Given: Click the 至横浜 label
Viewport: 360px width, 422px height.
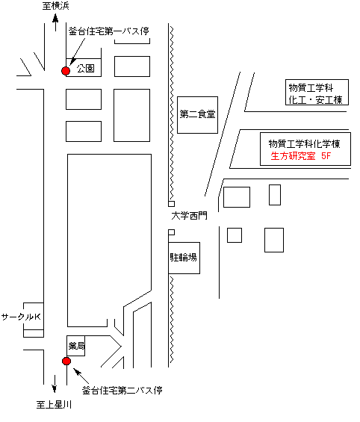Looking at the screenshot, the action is (x=56, y=6).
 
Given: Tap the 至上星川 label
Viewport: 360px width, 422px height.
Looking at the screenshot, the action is (x=54, y=405).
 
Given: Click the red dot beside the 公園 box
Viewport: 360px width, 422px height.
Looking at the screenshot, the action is (x=66, y=71).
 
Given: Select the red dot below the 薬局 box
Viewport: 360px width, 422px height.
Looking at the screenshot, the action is (x=66, y=361).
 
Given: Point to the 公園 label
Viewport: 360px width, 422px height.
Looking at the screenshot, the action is (x=86, y=69).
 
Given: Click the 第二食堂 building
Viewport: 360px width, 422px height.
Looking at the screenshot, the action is (x=197, y=115).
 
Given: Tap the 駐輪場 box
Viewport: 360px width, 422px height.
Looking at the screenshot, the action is (x=184, y=258).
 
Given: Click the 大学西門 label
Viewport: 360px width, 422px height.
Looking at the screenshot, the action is (x=190, y=216).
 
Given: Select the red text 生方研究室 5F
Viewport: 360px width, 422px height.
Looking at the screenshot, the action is (x=300, y=156).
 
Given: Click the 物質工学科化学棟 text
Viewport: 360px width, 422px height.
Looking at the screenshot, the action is (x=304, y=144).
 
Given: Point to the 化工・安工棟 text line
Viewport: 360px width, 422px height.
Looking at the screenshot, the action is (x=315, y=100).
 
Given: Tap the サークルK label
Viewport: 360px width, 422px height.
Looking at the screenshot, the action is (x=21, y=317).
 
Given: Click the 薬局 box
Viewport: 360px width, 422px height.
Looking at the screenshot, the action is (x=76, y=346).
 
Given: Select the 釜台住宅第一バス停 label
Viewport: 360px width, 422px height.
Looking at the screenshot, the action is (x=109, y=31).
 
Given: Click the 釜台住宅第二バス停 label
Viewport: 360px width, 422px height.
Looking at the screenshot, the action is (x=122, y=390).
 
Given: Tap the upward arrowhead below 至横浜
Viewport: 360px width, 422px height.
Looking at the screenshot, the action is (x=56, y=19).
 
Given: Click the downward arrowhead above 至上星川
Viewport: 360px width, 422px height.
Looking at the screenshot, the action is (x=55, y=388).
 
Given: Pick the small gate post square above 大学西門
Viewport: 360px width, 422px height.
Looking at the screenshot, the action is (x=171, y=204).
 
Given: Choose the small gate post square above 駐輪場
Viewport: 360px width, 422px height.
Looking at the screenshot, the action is (x=171, y=232).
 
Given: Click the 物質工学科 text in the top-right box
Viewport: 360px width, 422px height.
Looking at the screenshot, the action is (x=311, y=87).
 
